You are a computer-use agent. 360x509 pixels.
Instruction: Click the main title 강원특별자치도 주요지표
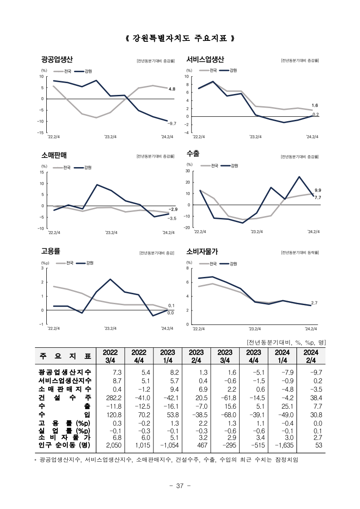[180, 38]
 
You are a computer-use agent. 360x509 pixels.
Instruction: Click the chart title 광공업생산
[57, 59]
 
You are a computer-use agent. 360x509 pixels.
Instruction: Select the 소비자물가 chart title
[202, 251]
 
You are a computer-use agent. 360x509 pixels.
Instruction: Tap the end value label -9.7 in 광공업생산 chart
[172, 124]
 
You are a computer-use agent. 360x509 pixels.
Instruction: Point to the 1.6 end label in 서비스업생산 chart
[315, 105]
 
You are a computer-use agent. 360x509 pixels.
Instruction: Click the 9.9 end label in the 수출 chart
[318, 190]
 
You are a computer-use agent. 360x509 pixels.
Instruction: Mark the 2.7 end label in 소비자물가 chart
[314, 303]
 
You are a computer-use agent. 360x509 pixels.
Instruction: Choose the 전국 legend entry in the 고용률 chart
[65, 263]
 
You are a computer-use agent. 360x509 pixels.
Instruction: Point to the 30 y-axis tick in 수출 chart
[187, 171]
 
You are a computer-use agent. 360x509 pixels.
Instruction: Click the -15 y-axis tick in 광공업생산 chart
[40, 133]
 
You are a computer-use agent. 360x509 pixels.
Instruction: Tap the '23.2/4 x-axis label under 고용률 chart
[110, 328]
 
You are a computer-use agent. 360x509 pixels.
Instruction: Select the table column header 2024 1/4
[282, 356]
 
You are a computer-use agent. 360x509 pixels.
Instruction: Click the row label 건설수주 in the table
[65, 397]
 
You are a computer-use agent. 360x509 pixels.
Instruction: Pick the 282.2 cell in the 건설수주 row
[114, 398]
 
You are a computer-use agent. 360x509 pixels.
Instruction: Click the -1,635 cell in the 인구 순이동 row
[284, 445]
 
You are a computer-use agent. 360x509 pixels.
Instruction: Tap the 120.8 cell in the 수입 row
[114, 415]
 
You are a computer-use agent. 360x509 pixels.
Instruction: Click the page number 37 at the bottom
[180, 486]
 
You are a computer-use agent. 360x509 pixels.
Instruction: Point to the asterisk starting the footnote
[35, 460]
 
